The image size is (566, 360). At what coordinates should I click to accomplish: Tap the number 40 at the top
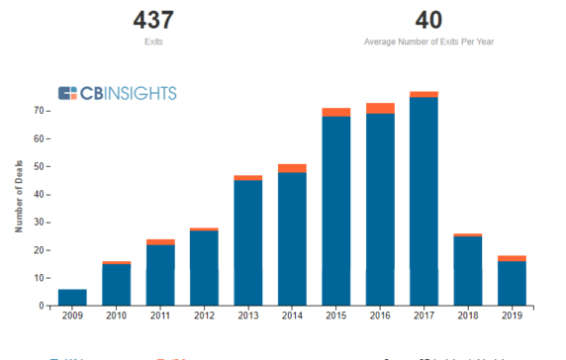point(428,20)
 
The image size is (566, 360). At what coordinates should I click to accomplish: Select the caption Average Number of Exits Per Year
point(428,43)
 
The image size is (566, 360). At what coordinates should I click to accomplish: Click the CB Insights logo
point(118,93)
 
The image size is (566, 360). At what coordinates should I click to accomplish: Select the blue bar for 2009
point(72,298)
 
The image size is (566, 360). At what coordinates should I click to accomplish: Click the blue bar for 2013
point(248,243)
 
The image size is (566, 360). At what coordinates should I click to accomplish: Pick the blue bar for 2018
point(467,271)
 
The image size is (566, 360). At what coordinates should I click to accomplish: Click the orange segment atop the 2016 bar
point(380,108)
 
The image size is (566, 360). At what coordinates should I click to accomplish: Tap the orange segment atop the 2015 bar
point(336,112)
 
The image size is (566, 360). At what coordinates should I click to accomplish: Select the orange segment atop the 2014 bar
point(292,168)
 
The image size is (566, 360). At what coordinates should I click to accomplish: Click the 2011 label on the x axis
point(160,317)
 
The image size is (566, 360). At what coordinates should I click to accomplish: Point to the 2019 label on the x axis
point(512,317)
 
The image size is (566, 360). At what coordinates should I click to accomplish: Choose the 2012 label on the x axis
point(204,317)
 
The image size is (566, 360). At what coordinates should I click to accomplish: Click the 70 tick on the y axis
point(38,111)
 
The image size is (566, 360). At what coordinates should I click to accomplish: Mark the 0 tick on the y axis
point(41,307)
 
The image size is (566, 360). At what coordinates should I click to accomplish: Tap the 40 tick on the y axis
point(38,195)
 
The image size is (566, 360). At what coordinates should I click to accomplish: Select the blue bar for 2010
point(117,285)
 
